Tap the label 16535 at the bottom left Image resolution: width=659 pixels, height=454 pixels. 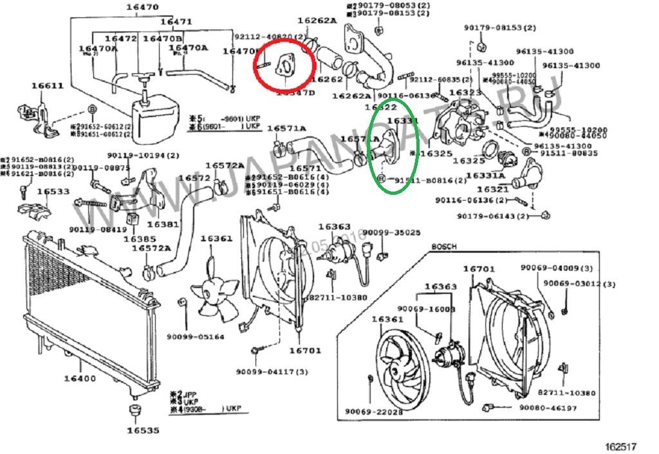pyautogui.click(x=142, y=430)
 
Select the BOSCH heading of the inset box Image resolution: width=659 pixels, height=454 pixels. pyautogui.click(x=443, y=247)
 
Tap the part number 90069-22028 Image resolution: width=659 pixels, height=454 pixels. pyautogui.click(x=373, y=412)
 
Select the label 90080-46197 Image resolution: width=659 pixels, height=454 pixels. pyautogui.click(x=548, y=408)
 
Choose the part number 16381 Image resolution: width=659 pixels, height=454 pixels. pyautogui.click(x=163, y=224)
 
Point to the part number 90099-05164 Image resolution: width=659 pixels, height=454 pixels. pyautogui.click(x=195, y=336)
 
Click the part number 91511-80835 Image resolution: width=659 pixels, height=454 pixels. pyautogui.click(x=569, y=154)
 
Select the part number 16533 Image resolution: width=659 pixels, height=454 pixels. pyautogui.click(x=53, y=192)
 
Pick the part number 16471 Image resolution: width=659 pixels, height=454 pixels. pyautogui.click(x=176, y=22)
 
